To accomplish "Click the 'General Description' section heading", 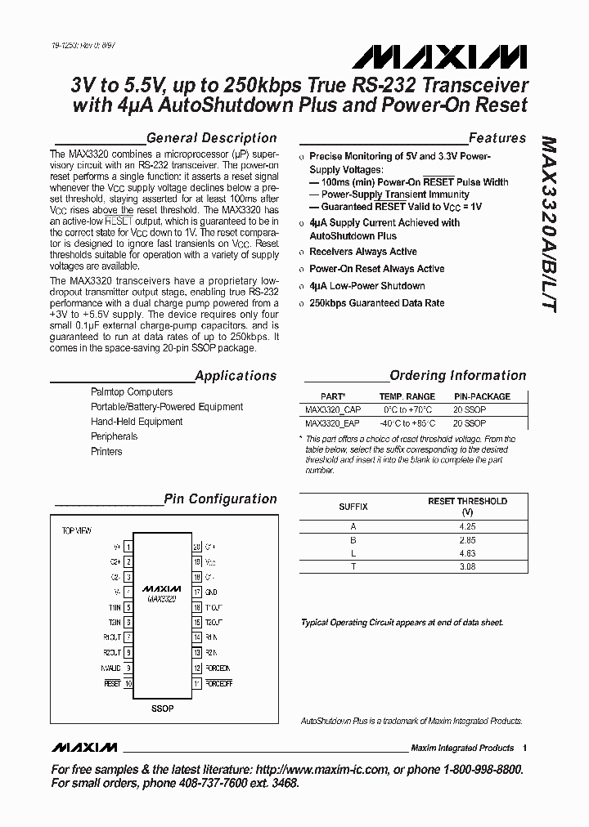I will (211, 138).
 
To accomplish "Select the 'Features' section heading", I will (497, 138).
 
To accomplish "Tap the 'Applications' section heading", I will (236, 376).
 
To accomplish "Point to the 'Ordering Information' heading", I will (457, 376).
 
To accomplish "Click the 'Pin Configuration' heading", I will (220, 498).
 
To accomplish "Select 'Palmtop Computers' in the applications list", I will (131, 392).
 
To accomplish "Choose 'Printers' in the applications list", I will (106, 451).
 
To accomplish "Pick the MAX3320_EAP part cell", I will (332, 423).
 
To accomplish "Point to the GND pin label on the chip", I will (210, 591).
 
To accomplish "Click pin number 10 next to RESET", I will (128, 682).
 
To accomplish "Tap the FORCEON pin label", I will (218, 667).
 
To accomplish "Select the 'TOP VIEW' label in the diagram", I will (77, 530).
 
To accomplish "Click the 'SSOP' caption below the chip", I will (162, 708).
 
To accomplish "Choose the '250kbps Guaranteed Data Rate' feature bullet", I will (376, 302).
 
